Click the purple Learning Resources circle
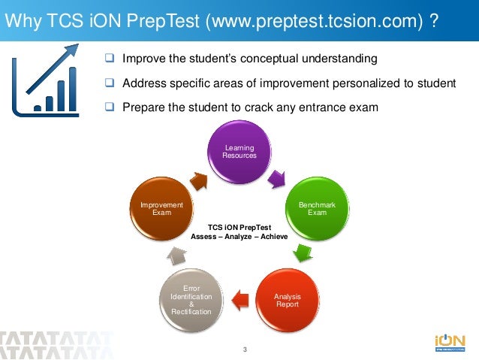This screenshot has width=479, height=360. point(239,151)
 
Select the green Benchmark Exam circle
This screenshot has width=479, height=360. point(318,208)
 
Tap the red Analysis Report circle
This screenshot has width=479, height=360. point(287,301)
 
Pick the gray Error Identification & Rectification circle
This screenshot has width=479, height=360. point(191,300)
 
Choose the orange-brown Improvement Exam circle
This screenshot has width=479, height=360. point(161,208)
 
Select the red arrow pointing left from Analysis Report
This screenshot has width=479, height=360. point(239,301)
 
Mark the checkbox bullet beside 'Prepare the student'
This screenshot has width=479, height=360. point(110,107)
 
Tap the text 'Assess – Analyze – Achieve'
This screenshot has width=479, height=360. point(239,235)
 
